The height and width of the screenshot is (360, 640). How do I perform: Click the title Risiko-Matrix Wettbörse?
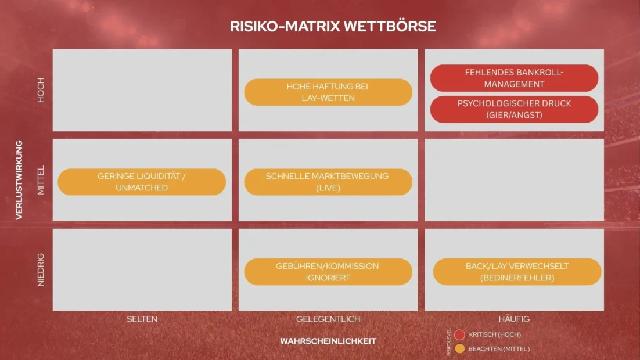pos(333,27)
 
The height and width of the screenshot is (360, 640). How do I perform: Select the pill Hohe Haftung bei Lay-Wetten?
pos(328,92)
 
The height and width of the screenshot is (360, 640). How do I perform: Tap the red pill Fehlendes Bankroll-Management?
pos(515,78)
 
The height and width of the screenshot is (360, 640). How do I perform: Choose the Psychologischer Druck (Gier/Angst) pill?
pos(515,109)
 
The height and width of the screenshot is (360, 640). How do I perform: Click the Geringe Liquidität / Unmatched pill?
pos(142,182)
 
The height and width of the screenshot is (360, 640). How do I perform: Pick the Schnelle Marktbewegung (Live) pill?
pos(328,182)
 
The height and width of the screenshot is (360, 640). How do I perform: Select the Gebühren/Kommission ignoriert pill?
pos(328,272)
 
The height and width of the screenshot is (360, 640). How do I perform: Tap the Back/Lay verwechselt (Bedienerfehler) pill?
pos(517,272)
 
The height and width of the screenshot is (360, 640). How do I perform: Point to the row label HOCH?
pos(41,90)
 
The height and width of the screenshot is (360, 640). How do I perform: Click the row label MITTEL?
pos(41,180)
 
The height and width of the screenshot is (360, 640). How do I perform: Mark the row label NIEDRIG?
pos(41,270)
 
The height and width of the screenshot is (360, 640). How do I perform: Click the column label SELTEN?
pos(142,319)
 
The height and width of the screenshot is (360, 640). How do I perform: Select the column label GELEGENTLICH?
pos(328,319)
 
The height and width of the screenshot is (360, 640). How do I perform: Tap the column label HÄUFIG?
pos(515,319)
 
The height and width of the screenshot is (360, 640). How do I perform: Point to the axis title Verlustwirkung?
pos(19,180)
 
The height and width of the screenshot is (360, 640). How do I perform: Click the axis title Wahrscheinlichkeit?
pos(328,341)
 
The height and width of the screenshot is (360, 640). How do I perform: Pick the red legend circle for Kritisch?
pos(459,334)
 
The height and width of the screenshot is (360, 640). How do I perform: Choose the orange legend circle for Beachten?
pos(459,348)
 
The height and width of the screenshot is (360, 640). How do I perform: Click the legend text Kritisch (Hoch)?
pos(495,334)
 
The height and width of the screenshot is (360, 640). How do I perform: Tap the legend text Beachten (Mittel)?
pos(499,349)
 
